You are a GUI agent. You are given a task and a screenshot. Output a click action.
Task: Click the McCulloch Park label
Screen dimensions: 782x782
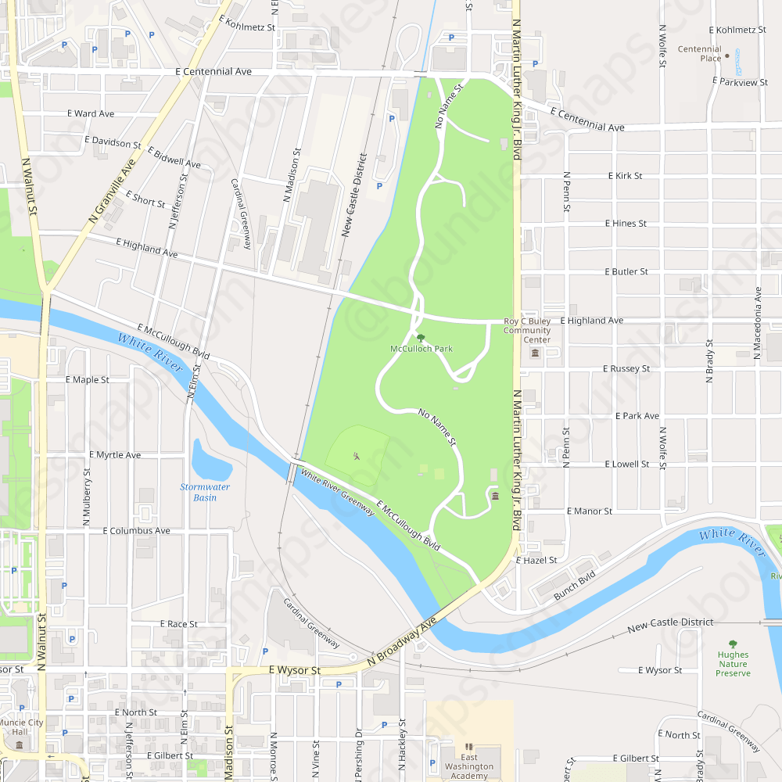coord(421,349)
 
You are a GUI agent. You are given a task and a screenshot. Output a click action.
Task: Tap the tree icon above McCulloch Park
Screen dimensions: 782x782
coord(421,338)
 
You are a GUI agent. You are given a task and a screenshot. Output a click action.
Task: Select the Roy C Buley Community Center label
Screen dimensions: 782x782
coord(526,330)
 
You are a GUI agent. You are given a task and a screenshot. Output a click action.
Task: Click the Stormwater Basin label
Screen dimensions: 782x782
coord(205,492)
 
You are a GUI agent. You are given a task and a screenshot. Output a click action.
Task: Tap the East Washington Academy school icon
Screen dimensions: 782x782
coord(469,748)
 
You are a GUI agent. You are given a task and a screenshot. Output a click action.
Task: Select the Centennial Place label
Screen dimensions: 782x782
coord(699,54)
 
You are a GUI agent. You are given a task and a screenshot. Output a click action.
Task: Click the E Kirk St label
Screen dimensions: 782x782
coord(625,176)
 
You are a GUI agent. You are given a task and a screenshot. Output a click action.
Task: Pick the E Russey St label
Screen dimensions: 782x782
coord(626,368)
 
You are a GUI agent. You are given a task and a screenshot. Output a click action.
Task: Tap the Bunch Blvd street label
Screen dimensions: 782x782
coord(575,584)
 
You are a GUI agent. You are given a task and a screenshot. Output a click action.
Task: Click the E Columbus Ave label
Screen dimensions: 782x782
coord(136,530)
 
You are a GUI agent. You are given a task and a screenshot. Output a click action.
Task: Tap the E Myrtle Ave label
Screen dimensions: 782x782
coord(115,454)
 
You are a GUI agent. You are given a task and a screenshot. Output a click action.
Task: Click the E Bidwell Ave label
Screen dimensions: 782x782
coord(174,158)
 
